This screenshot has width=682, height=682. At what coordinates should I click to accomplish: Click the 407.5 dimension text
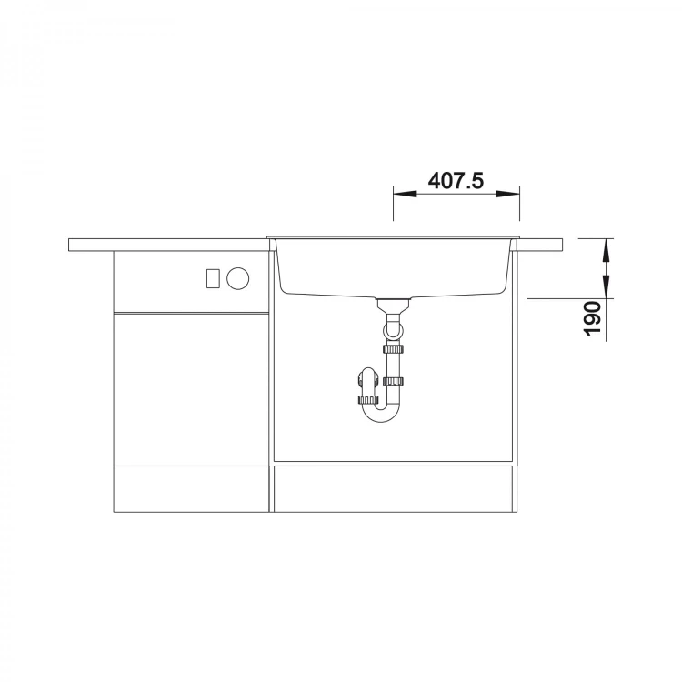[x=456, y=180]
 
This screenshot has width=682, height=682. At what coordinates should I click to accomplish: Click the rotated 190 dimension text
[x=592, y=318]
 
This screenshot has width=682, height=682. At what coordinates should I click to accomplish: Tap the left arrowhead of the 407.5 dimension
[x=405, y=194]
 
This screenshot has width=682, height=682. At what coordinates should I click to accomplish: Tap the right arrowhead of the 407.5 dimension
[x=508, y=194]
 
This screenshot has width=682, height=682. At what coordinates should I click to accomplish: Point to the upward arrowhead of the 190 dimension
[x=606, y=251]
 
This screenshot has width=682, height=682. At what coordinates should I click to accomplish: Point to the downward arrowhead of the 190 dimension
[x=606, y=286]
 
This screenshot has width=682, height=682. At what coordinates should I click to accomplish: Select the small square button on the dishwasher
[x=213, y=278]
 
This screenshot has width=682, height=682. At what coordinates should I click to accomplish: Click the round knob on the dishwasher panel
[x=238, y=278]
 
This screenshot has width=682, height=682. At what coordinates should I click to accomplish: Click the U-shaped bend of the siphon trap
[x=382, y=416]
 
